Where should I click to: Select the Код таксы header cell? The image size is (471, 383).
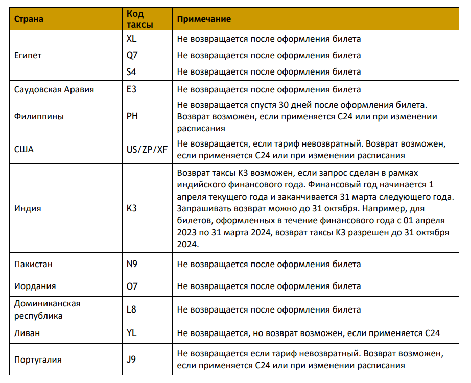139,19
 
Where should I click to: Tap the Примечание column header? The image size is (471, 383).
204,19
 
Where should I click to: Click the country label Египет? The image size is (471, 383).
28,56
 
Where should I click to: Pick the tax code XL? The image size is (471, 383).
132,39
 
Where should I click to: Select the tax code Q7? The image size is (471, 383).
132,55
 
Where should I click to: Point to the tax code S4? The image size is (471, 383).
132,72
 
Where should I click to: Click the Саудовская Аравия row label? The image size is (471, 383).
54,89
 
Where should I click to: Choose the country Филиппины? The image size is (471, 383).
39,116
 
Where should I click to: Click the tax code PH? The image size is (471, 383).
132,116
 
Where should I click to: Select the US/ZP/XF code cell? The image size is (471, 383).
147,150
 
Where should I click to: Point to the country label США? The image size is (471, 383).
23,150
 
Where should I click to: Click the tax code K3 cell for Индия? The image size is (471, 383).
132,208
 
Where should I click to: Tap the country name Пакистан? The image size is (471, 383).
33,265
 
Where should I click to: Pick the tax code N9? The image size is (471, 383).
132,265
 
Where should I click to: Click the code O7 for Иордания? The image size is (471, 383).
132,286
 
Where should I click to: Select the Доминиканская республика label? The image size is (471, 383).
47,309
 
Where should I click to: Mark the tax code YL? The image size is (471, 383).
132,333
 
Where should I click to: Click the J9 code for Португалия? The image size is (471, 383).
131,360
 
